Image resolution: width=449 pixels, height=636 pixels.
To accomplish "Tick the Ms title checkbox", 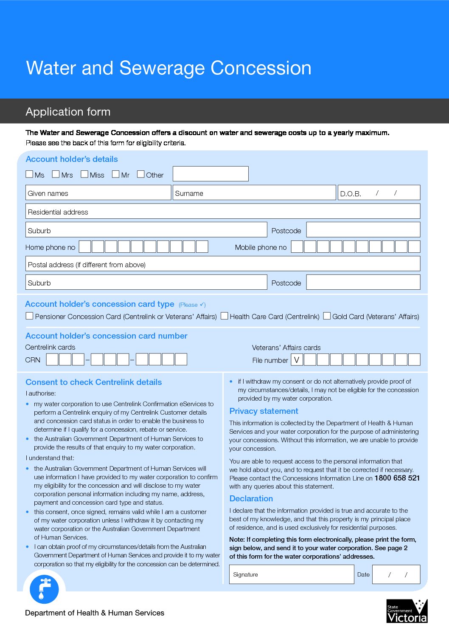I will [29, 174].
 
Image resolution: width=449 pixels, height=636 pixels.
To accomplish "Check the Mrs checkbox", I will [56, 174].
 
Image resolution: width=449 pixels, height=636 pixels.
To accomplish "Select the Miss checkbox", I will [84, 174].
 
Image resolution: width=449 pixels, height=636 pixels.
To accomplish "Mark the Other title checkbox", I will [141, 174].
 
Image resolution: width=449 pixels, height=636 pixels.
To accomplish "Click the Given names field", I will [98, 193].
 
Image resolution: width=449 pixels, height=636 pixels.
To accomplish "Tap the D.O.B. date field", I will [379, 193].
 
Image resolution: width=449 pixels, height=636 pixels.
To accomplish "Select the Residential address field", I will [223, 212].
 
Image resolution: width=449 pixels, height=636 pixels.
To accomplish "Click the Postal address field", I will [223, 264].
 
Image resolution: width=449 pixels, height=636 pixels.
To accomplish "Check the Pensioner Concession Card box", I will [29, 316].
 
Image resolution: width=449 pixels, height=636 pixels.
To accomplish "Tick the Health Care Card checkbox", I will [224, 316].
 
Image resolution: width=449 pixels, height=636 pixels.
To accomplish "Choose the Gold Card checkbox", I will [327, 316].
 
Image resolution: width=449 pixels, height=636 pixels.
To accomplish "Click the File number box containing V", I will [297, 360].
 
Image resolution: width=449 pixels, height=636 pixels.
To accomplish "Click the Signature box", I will [292, 574].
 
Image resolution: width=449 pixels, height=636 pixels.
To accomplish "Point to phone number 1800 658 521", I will [397, 478].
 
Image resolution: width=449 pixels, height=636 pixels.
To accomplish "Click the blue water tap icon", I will [44, 589].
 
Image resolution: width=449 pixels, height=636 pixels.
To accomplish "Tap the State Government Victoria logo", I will [407, 611].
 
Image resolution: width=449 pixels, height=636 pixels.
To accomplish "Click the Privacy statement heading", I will [264, 411].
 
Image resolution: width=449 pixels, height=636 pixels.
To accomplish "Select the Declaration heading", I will [251, 498].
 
